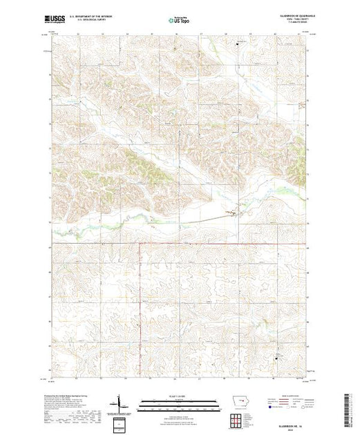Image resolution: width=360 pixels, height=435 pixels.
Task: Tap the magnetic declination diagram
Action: pyautogui.click(x=120, y=404)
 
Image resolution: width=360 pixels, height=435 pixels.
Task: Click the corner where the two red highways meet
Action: pyautogui.click(x=140, y=243)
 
